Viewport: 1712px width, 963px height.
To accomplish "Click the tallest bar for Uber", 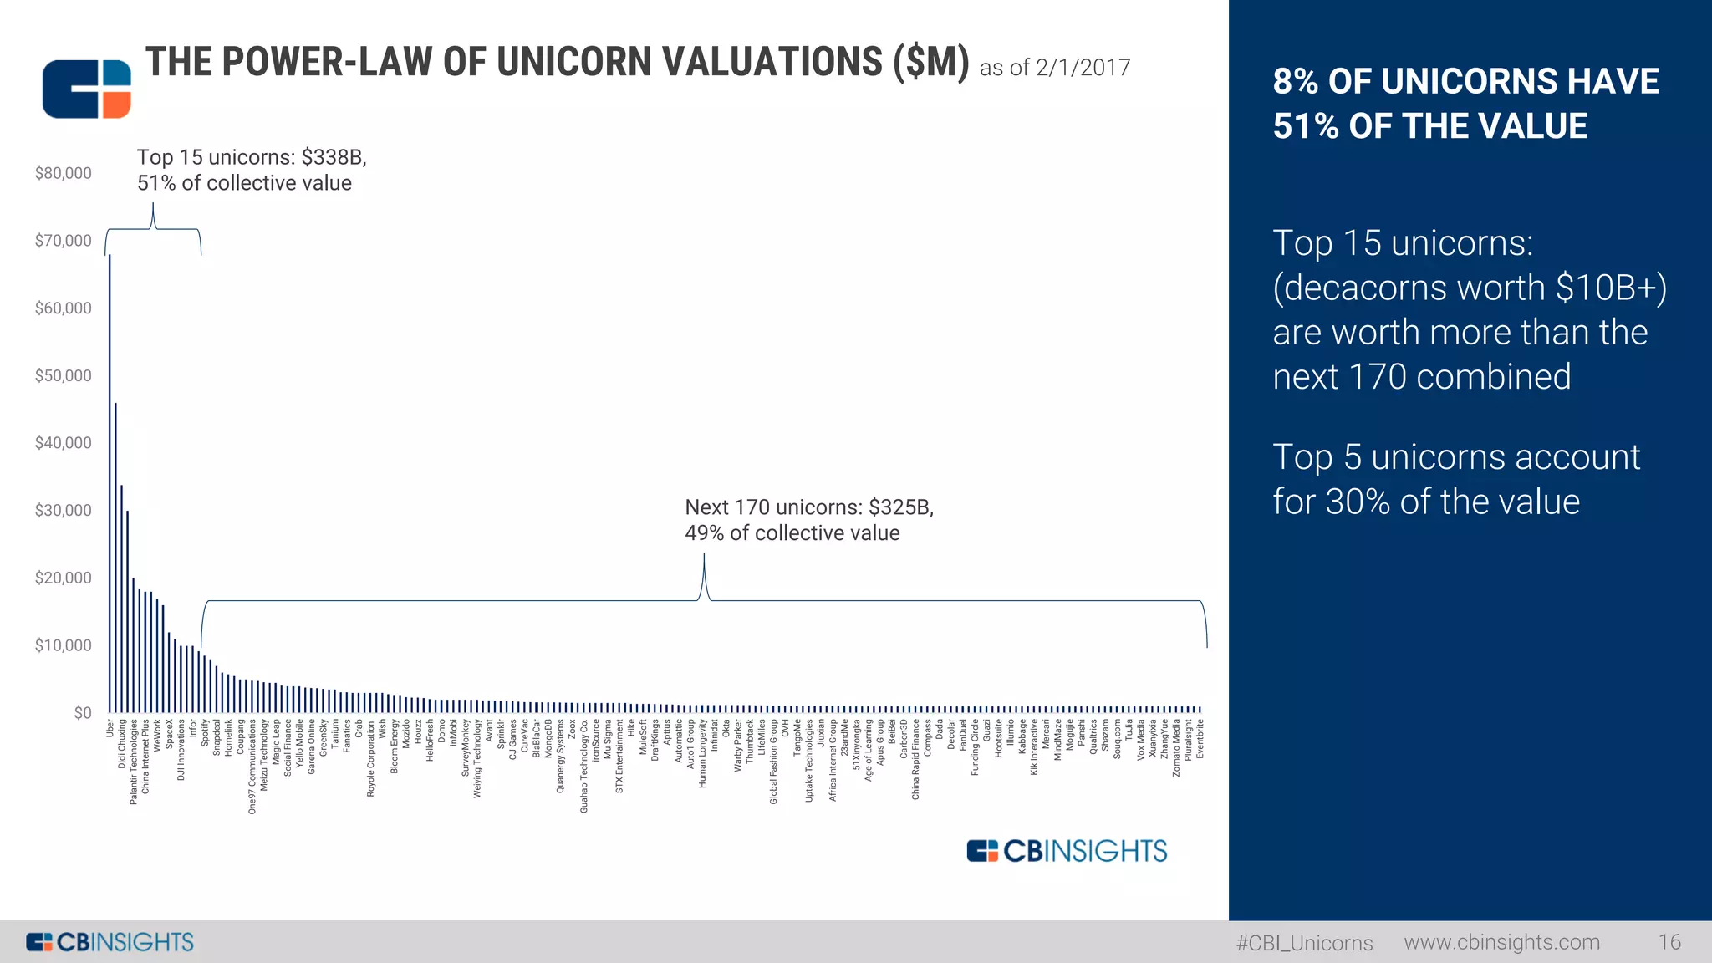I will pyautogui.click(x=110, y=485).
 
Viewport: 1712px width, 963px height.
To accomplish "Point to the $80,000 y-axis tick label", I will pyautogui.click(x=64, y=173).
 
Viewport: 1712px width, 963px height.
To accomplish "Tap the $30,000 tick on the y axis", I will pyautogui.click(x=64, y=510).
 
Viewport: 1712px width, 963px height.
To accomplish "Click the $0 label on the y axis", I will pyautogui.click(x=83, y=713).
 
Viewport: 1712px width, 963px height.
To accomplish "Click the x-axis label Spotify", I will pyautogui.click(x=205, y=733).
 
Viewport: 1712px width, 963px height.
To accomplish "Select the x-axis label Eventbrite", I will pyautogui.click(x=1200, y=739).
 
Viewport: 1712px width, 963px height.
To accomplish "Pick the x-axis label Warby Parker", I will pyautogui.click(x=738, y=745).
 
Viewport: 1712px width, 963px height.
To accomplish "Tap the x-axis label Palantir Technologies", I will pyautogui.click(x=134, y=762).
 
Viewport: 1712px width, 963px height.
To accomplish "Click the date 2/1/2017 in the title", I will pyautogui.click(x=1083, y=68).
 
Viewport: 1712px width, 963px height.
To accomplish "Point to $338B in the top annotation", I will pyautogui.click(x=334, y=157).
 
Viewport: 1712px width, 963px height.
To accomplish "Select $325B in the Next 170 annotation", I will pyautogui.click(x=900, y=507).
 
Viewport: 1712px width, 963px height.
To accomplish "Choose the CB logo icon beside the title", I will pyautogui.click(x=87, y=89).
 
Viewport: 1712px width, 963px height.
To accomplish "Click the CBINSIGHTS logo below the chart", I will pyautogui.click(x=1067, y=851).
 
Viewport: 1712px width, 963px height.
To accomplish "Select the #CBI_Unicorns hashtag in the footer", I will pyautogui.click(x=1304, y=943).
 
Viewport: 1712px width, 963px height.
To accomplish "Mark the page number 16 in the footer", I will pyautogui.click(x=1669, y=942).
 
